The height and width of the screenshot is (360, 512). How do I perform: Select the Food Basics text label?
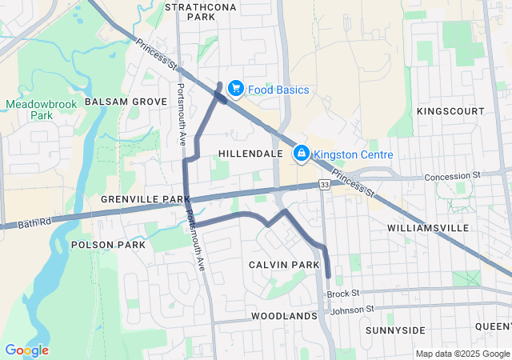tap(278, 90)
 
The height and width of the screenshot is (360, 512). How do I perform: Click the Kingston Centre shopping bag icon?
tap(302, 152)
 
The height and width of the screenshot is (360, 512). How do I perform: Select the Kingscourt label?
tap(450, 110)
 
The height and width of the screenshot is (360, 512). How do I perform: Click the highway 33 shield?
tap(323, 185)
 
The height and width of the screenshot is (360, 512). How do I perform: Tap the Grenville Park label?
tap(145, 198)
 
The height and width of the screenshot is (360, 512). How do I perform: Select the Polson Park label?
tap(108, 244)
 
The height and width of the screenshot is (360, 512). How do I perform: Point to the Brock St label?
tap(344, 294)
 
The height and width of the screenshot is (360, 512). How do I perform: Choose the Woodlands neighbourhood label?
tap(284, 316)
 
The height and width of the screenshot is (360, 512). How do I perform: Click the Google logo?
tap(26, 350)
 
